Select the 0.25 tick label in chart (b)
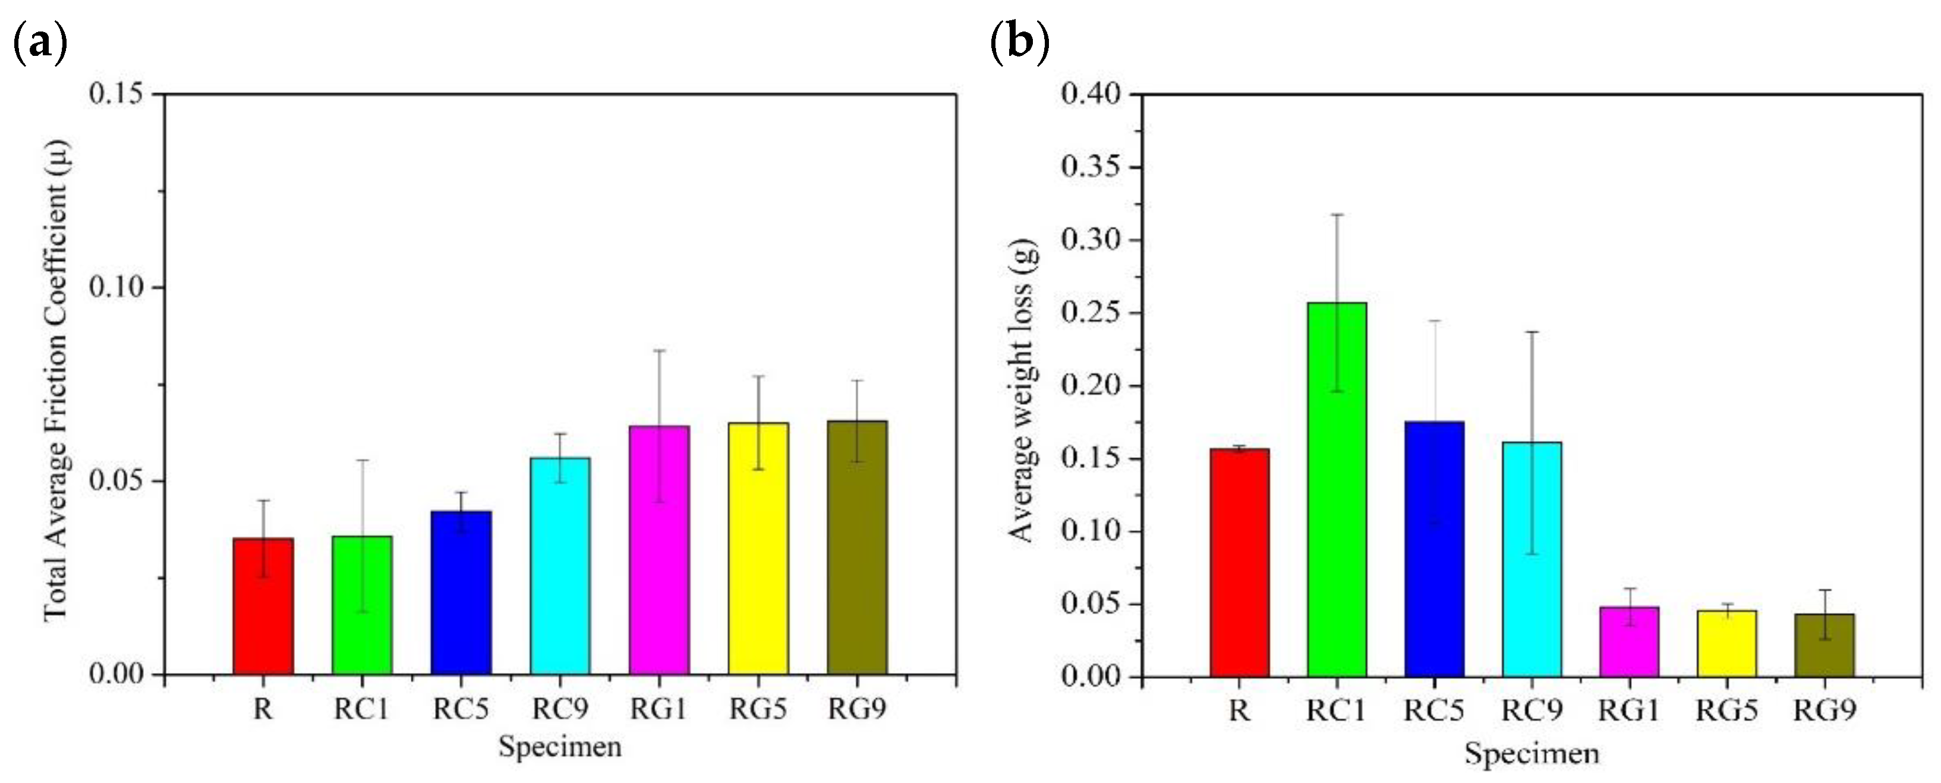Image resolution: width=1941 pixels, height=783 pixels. (x=1091, y=313)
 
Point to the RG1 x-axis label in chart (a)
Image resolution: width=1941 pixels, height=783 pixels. (x=659, y=709)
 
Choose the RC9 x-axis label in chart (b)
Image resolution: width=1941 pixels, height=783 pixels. (x=1532, y=710)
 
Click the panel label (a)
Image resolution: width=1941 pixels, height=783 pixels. (x=40, y=44)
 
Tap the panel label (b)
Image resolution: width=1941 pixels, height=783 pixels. (x=1019, y=44)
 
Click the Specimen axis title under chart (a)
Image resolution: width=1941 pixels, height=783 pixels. (x=560, y=747)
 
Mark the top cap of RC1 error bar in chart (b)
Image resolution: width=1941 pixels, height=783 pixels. (x=1337, y=215)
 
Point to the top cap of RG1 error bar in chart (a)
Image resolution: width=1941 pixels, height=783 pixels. (x=659, y=350)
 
